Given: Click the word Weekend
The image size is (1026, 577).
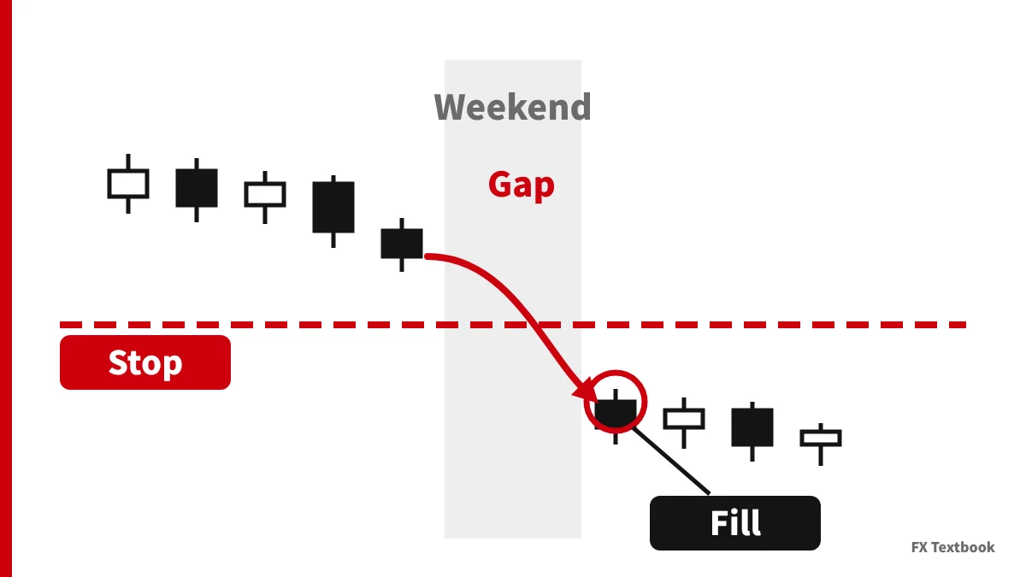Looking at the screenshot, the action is point(512,107).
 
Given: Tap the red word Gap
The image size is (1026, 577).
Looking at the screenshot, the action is point(522,185).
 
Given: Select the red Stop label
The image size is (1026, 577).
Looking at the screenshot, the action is point(145,362).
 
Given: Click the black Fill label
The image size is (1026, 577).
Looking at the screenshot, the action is point(735,523).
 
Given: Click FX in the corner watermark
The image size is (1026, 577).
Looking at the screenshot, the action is point(919,547).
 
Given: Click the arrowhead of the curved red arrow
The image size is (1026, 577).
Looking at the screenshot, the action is point(587,391).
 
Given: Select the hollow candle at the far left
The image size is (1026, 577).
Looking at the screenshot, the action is point(128,184).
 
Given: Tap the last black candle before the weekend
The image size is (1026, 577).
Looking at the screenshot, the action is point(402,244).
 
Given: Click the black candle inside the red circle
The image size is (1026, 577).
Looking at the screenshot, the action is point(616,415).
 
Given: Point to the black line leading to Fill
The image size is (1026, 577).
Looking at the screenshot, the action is point(671,461).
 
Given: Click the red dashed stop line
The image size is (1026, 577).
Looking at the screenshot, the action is point(513,325).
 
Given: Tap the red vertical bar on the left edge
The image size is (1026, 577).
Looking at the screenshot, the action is point(6,289).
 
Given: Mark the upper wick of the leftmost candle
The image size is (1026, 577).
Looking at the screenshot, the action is point(128,162).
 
